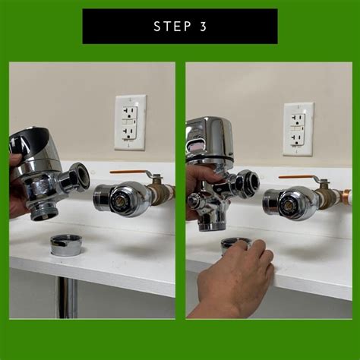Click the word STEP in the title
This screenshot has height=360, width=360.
coord(170,27)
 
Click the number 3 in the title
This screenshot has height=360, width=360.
coord(201,27)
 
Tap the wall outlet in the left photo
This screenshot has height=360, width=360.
coord(130,121)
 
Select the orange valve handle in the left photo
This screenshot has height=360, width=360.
coord(130,173)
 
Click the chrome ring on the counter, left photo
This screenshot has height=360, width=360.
coord(65,245)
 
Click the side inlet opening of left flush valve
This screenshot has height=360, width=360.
coord(78,176)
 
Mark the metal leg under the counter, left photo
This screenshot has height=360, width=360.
coord(66,297)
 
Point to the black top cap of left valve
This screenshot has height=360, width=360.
coord(30,138)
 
